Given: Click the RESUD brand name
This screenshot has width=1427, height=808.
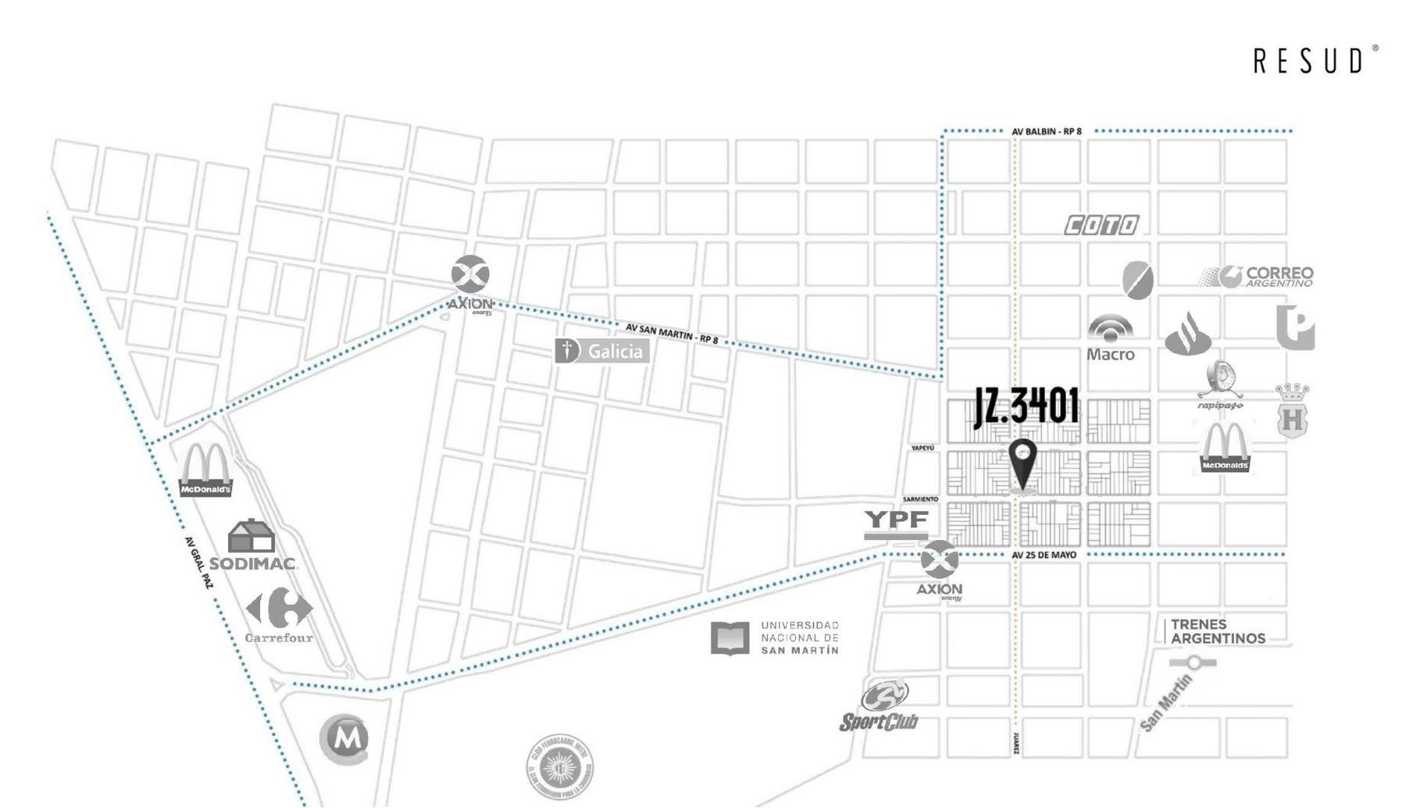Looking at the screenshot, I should click(x=1313, y=61).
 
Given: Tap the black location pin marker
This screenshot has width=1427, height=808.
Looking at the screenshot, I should click(x=1022, y=462).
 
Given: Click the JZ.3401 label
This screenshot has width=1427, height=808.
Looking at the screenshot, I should click(x=1026, y=407).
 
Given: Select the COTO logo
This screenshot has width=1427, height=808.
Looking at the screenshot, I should click(x=1101, y=224).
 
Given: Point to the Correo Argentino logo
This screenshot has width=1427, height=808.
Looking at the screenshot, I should click(x=1257, y=277).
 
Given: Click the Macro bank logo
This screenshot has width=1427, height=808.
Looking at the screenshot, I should click(x=1110, y=338).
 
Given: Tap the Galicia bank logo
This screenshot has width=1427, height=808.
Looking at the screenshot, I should click(x=602, y=351).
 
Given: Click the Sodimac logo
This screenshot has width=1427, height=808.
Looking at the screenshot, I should click(x=252, y=547).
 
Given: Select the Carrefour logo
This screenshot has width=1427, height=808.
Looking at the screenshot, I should click(x=279, y=616).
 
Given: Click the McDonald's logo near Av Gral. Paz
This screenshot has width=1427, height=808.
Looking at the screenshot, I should click(x=205, y=470).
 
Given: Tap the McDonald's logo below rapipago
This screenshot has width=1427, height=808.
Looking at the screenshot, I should click(x=1224, y=447).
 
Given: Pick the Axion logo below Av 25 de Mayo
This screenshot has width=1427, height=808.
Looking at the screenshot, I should click(x=940, y=569).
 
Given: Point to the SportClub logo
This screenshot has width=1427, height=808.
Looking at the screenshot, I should click(x=880, y=706).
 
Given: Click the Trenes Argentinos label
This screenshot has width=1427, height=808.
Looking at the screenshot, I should click(x=1217, y=631).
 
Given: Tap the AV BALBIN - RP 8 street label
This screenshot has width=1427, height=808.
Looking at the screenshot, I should click(x=1047, y=132).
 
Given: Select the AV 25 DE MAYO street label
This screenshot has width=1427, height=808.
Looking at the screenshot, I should click(x=1044, y=555).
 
